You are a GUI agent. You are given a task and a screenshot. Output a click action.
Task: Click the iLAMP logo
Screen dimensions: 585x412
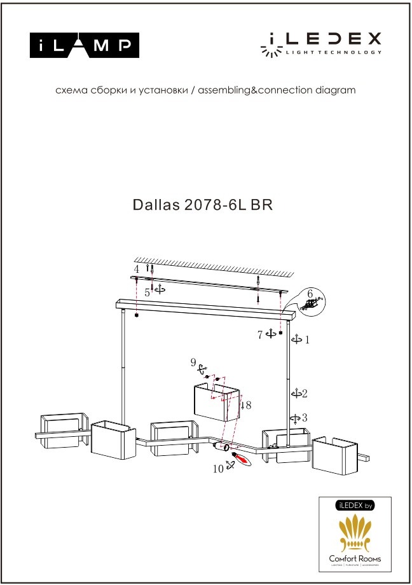(85, 45)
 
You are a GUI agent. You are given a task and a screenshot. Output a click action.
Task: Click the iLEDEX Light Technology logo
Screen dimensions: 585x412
(321, 44)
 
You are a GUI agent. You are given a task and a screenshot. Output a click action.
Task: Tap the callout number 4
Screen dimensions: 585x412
(135, 270)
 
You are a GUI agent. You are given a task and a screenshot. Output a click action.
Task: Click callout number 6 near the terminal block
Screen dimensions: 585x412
(310, 294)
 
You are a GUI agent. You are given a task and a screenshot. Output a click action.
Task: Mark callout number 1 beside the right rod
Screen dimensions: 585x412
(307, 340)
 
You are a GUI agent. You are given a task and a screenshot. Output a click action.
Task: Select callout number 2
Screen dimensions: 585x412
(305, 394)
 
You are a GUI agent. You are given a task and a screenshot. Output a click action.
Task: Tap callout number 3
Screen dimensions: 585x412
(305, 418)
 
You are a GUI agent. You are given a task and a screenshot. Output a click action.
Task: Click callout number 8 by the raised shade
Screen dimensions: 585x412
(249, 404)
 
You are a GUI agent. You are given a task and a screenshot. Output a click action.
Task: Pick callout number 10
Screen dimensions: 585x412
(218, 469)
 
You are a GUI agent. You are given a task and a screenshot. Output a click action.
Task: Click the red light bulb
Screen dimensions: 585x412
(240, 457)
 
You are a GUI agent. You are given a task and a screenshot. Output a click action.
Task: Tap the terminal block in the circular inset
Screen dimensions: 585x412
(311, 305)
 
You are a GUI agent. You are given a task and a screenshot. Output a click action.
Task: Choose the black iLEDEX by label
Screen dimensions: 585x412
(354, 506)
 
